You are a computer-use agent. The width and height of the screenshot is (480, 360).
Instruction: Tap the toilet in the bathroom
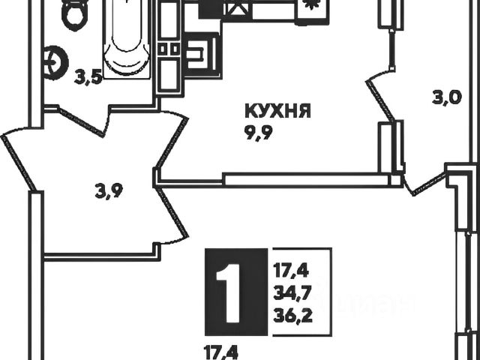(75, 13)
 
